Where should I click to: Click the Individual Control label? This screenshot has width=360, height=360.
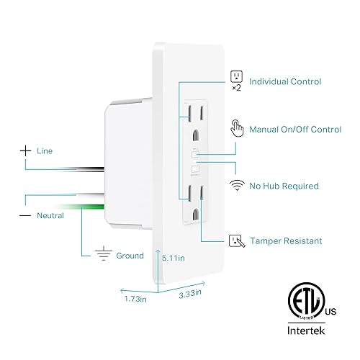[x=284, y=82]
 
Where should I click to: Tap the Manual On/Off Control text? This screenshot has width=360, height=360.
[x=294, y=130]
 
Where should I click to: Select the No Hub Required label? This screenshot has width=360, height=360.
[x=283, y=186]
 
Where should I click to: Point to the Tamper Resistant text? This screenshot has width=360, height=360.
[x=285, y=241]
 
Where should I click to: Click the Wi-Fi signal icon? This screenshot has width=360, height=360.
[x=235, y=185]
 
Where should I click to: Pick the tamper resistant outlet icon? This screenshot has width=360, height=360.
[x=235, y=240]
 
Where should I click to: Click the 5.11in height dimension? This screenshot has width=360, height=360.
[x=174, y=256]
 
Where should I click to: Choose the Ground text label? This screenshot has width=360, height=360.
[x=130, y=255]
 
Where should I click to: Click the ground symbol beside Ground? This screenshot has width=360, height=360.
[x=105, y=254]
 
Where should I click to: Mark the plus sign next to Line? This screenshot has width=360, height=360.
[x=26, y=151]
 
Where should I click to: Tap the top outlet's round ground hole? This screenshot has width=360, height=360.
[x=196, y=133]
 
